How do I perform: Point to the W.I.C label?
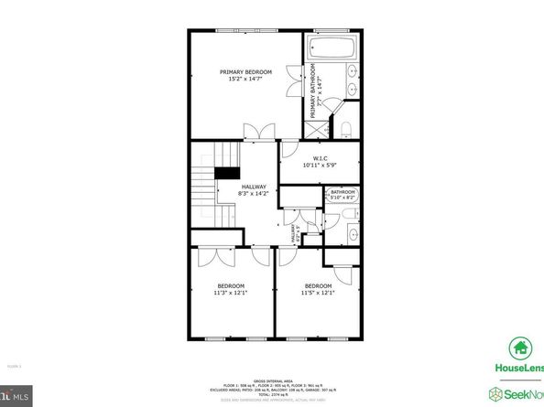[320, 156]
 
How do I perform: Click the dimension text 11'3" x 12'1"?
[231, 293]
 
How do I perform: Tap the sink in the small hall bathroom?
[353, 235]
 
